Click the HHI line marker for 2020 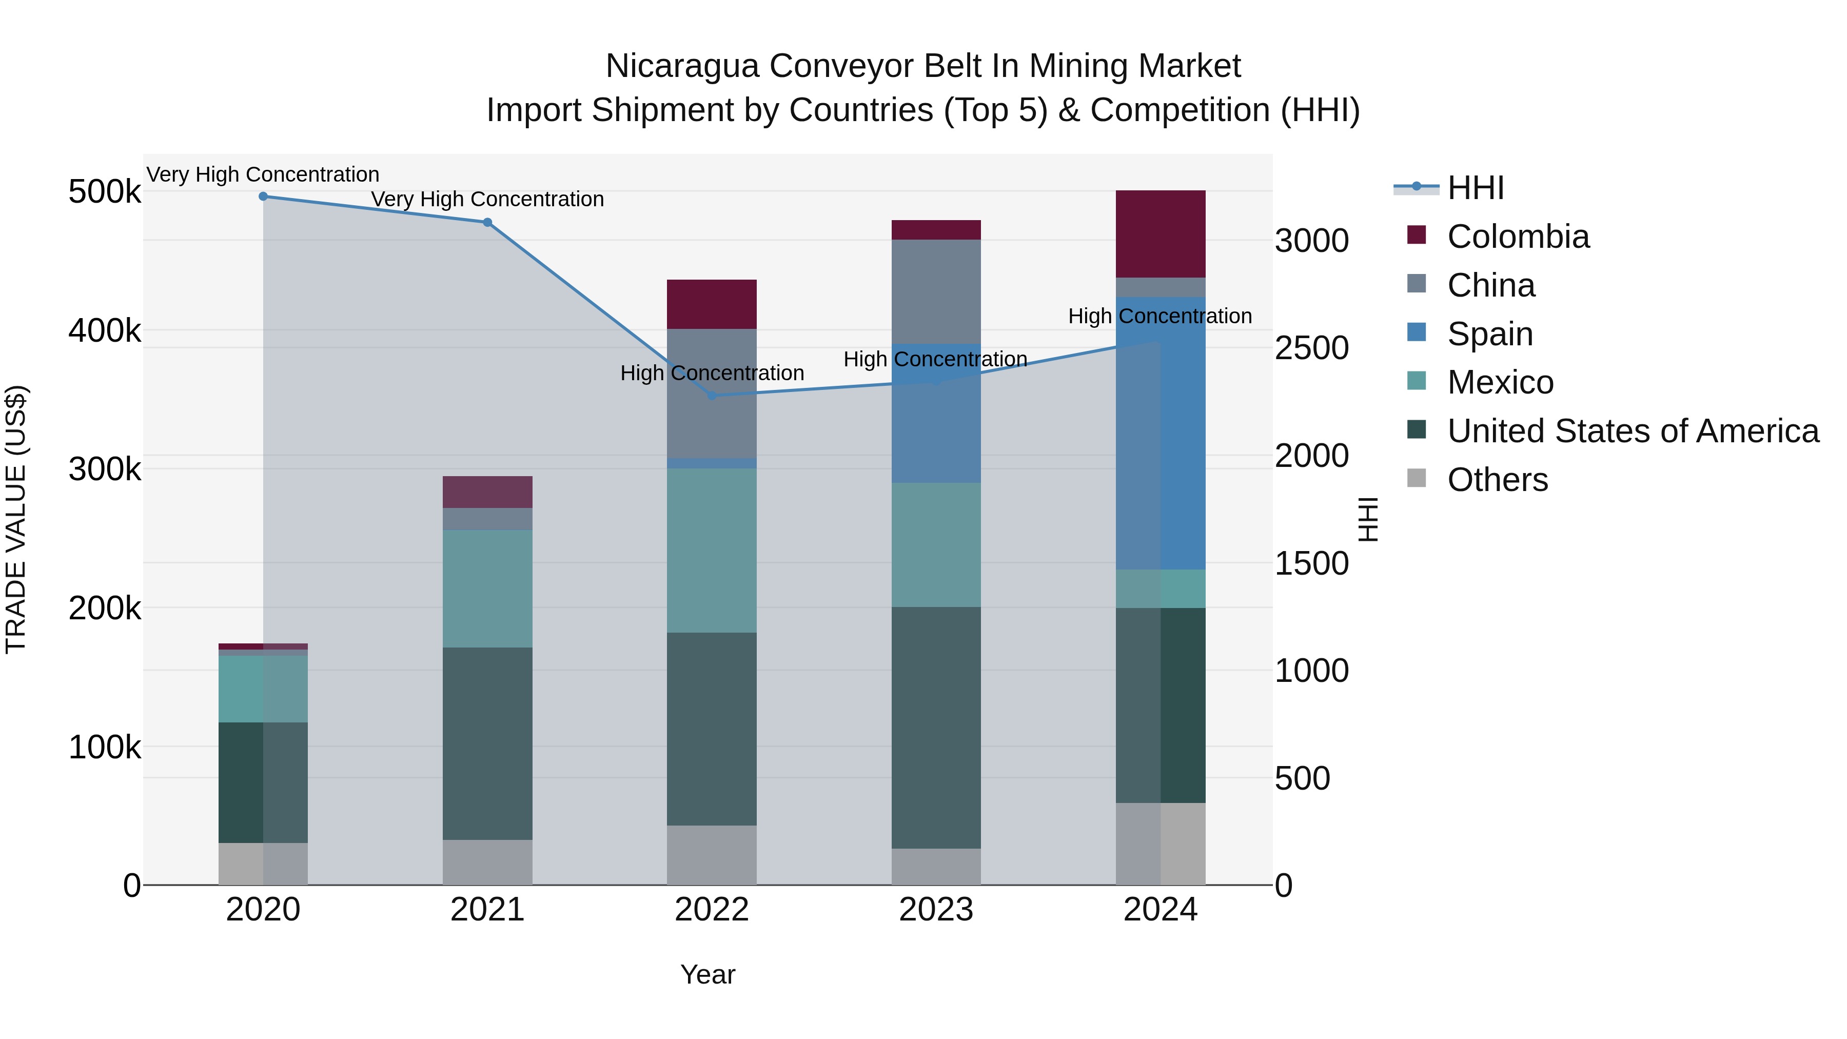point(263,197)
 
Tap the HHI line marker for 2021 point(487,222)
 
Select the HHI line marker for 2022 point(712,396)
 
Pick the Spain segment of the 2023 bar point(936,414)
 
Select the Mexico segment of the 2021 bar point(487,589)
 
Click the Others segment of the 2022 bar point(712,855)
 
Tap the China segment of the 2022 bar point(712,393)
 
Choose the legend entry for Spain point(1489,334)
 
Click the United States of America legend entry point(1633,431)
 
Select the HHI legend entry point(1475,188)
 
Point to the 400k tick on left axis point(105,331)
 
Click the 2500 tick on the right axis point(1311,348)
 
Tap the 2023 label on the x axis point(936,910)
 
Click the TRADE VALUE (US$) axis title point(16,519)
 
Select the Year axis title point(708,974)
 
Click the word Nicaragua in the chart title point(682,66)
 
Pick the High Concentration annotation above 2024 point(1160,316)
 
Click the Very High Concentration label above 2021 point(487,200)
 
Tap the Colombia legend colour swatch point(1417,234)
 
